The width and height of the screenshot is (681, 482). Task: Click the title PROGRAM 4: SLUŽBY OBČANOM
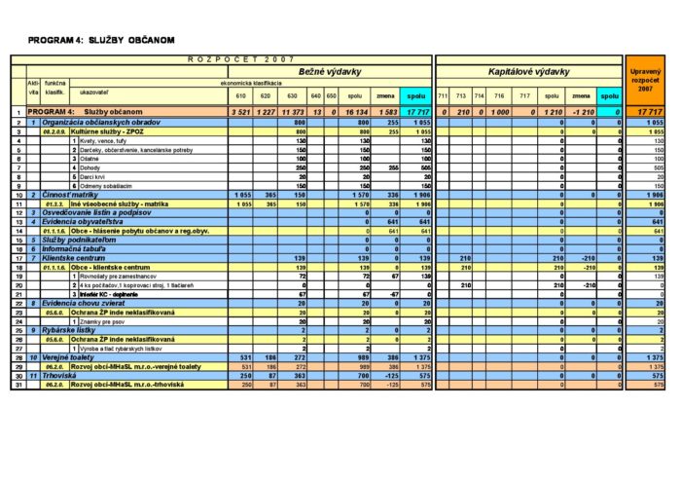[x=101, y=40]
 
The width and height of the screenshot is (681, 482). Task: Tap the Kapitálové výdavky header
[x=528, y=73]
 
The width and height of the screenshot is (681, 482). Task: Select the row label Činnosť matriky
[x=73, y=196]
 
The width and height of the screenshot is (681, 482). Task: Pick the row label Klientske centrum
[x=78, y=257]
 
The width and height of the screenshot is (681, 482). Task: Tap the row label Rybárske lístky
[x=70, y=330]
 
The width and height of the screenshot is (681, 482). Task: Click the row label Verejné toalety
[x=73, y=358]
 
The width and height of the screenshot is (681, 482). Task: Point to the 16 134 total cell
[x=356, y=113]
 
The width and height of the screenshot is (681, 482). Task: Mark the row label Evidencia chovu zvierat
[x=88, y=303]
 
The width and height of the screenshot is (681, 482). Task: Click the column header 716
[x=498, y=96]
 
